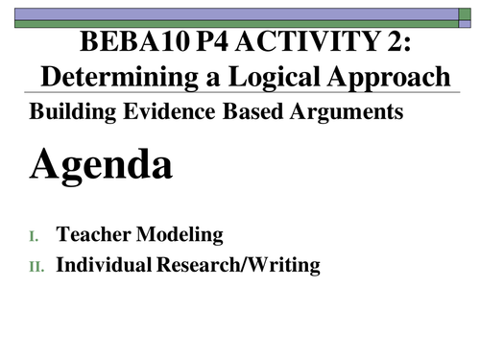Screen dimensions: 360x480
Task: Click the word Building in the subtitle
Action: (x=68, y=111)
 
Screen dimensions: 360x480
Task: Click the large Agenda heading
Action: (x=101, y=166)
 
